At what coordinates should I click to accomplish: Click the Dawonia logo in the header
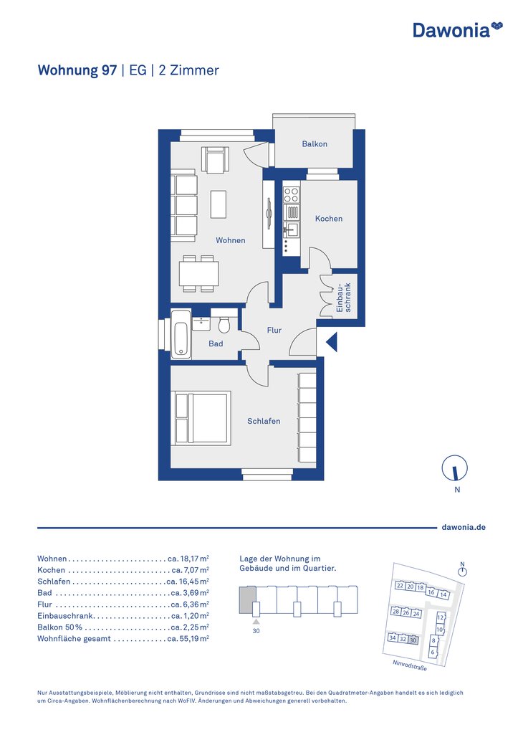coord(458,29)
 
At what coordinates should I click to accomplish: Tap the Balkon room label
coord(315,144)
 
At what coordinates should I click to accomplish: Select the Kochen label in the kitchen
coord(329,219)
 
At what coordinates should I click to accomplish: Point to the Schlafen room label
coord(264,421)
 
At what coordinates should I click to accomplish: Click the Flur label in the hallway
coord(274,330)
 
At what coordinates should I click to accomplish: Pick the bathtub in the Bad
coord(181,334)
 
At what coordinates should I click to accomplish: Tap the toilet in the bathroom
coord(224,323)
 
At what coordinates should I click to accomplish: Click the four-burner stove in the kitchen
coord(291,195)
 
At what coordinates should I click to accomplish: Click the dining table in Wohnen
coord(199,273)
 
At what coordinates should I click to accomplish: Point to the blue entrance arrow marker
coord(332,342)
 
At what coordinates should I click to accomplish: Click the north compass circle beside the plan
coord(455,468)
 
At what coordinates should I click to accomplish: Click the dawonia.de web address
coord(464,527)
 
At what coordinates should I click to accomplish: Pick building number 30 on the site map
coord(413,640)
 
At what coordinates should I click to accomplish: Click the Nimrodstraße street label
coord(410,665)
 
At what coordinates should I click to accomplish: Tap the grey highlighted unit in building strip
coord(248,600)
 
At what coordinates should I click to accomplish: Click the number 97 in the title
coord(109,70)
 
